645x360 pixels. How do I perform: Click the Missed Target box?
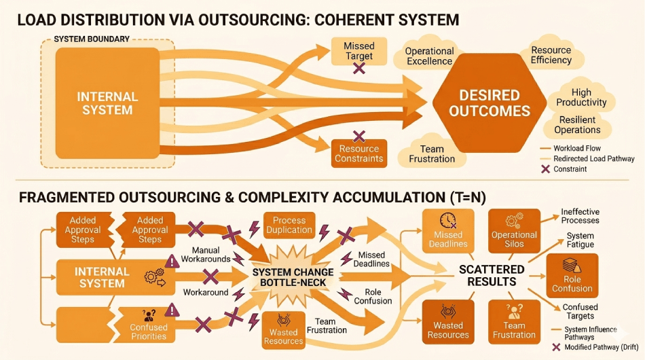click(359, 52)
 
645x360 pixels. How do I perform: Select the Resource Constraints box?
click(359, 154)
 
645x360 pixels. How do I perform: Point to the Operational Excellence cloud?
click(429, 56)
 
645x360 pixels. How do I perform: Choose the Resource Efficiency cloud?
click(551, 55)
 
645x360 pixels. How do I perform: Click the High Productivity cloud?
click(581, 97)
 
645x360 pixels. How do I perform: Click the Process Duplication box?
click(289, 225)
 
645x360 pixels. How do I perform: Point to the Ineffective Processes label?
click(580, 216)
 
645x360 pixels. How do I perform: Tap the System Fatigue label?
click(580, 240)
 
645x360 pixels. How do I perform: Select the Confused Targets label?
click(580, 312)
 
